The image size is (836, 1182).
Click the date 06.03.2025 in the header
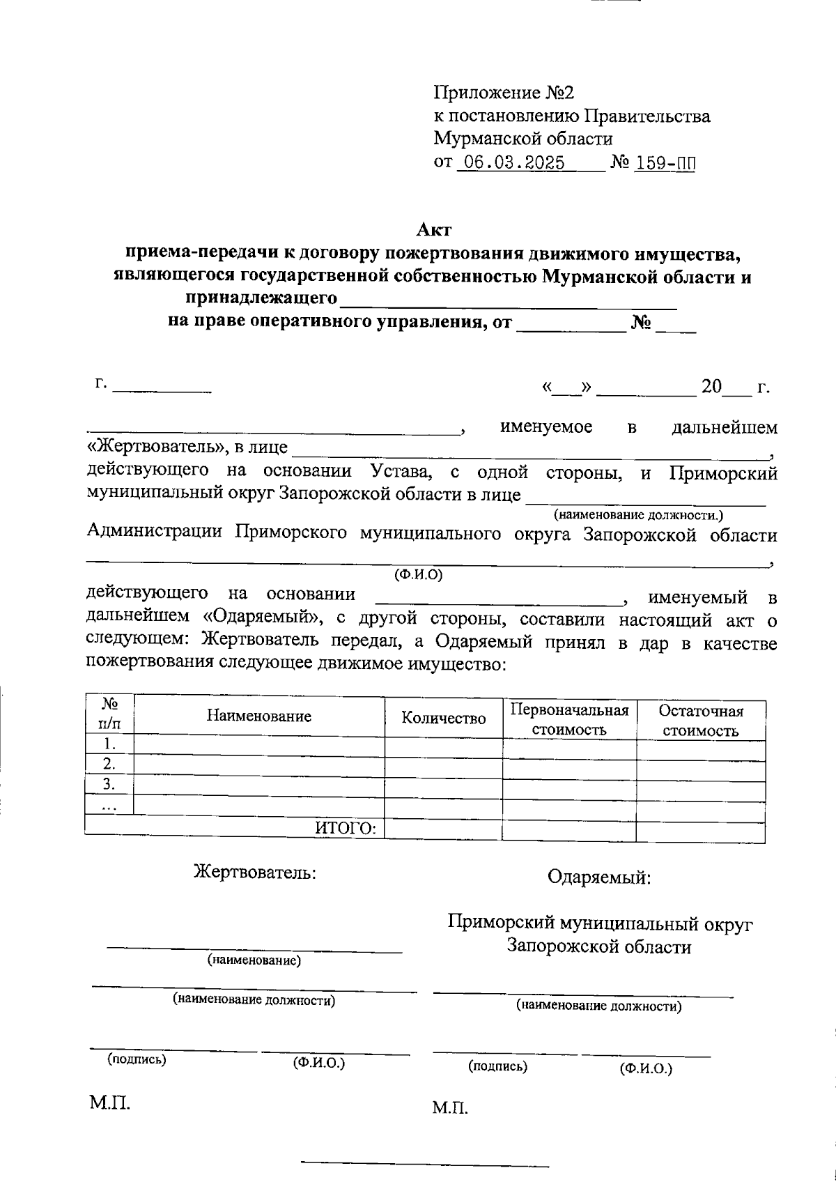pyautogui.click(x=514, y=163)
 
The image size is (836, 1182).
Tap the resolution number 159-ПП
pyautogui.click(x=665, y=163)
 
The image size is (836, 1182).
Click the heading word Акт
pyautogui.click(x=434, y=229)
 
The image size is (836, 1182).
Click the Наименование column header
pyautogui.click(x=258, y=716)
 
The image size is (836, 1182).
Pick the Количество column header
pyautogui.click(x=444, y=719)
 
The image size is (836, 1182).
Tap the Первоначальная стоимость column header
pyautogui.click(x=569, y=720)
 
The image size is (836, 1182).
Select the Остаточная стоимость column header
pyautogui.click(x=700, y=721)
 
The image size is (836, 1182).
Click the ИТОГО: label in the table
pyautogui.click(x=346, y=827)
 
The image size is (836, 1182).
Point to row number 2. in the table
pyautogui.click(x=109, y=762)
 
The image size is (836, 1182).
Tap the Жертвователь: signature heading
pyautogui.click(x=254, y=872)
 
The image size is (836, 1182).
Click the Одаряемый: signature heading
pyautogui.click(x=599, y=877)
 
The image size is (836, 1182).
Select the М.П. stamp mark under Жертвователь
pyautogui.click(x=109, y=1102)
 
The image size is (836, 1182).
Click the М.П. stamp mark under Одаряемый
pyautogui.click(x=449, y=1107)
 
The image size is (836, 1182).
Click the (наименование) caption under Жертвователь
pyautogui.click(x=254, y=960)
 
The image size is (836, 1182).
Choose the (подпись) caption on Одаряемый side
pyautogui.click(x=497, y=1066)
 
